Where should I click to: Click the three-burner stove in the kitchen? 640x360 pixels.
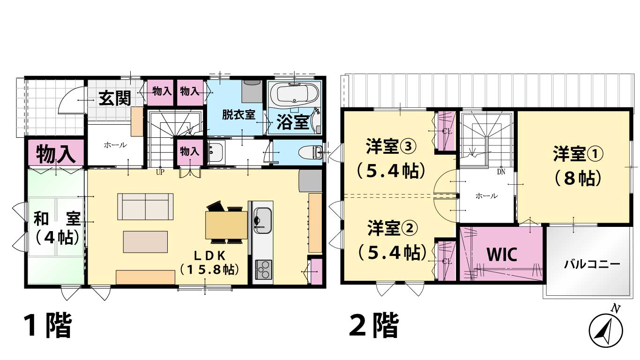[x=263, y=269]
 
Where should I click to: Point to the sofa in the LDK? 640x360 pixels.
[x=145, y=206]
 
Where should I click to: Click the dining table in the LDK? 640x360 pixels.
[x=226, y=225]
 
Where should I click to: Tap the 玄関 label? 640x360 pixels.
[x=115, y=98]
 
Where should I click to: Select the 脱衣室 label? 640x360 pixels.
[x=238, y=115]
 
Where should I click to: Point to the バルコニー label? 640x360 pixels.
[x=592, y=264]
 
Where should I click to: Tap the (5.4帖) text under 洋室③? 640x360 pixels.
[x=391, y=171]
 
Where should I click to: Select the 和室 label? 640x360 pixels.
[x=57, y=219]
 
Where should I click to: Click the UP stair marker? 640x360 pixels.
[x=160, y=172]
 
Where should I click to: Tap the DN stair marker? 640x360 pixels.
[x=501, y=172]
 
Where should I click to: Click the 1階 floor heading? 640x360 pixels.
[x=47, y=325]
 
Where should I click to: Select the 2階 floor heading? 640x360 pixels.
[x=374, y=325]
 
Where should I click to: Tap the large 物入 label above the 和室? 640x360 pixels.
[x=56, y=154]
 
